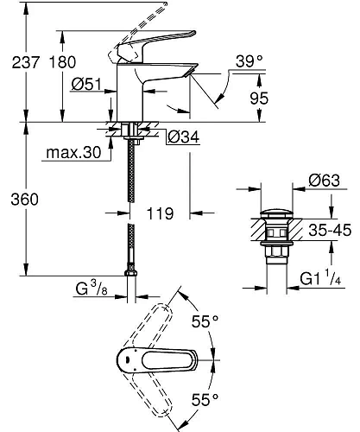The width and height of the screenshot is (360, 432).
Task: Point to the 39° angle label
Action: (248, 62)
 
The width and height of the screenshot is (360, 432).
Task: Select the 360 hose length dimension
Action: (18, 200)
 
